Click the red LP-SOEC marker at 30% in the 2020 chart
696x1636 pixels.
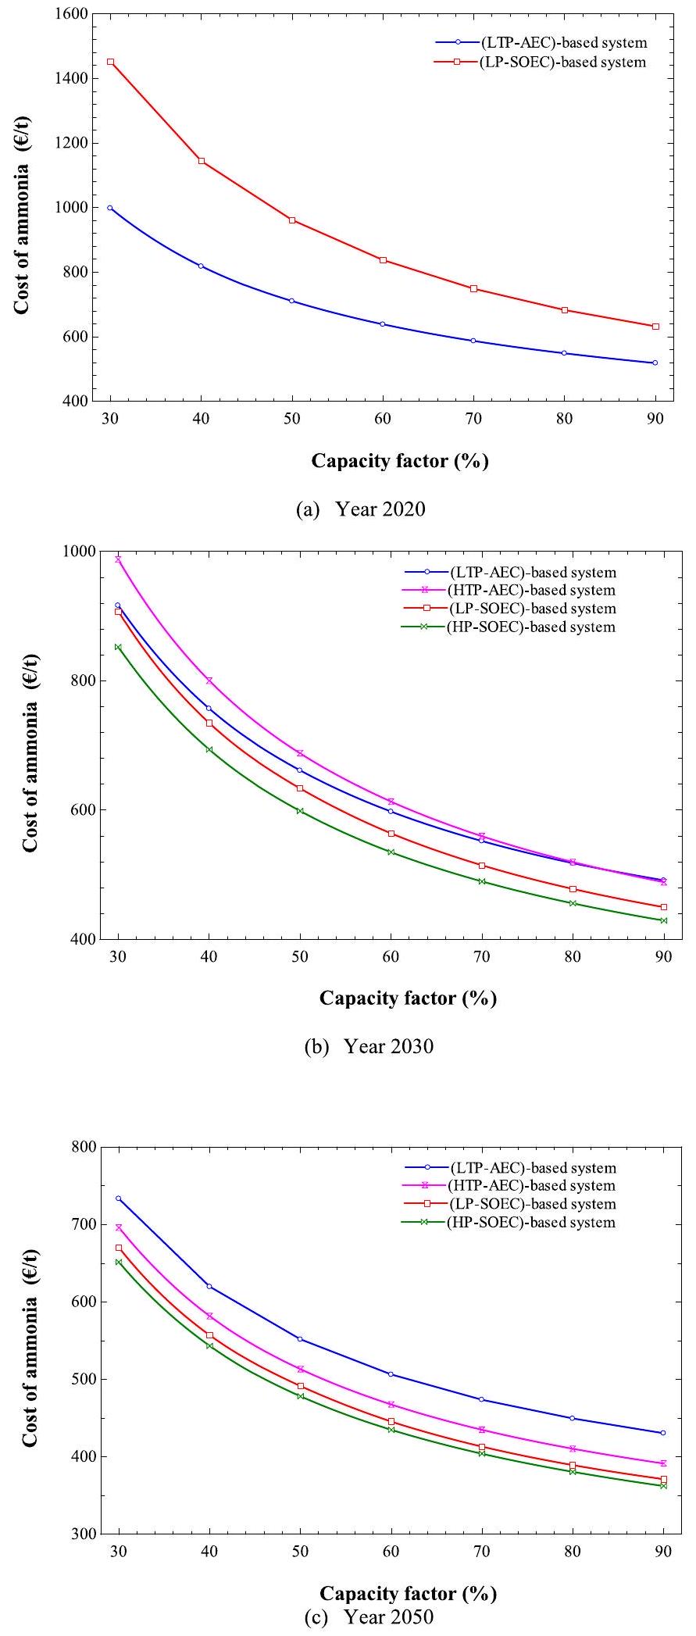pyautogui.click(x=110, y=62)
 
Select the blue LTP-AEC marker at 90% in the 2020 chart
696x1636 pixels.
pyautogui.click(x=655, y=363)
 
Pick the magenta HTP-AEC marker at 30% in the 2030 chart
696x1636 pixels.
pyautogui.click(x=119, y=559)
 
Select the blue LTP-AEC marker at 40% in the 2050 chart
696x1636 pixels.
pyautogui.click(x=209, y=1286)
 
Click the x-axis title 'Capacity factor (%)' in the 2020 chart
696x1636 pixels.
pyautogui.click(x=400, y=461)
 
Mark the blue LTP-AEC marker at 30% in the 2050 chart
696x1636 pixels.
pyautogui.click(x=119, y=1198)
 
